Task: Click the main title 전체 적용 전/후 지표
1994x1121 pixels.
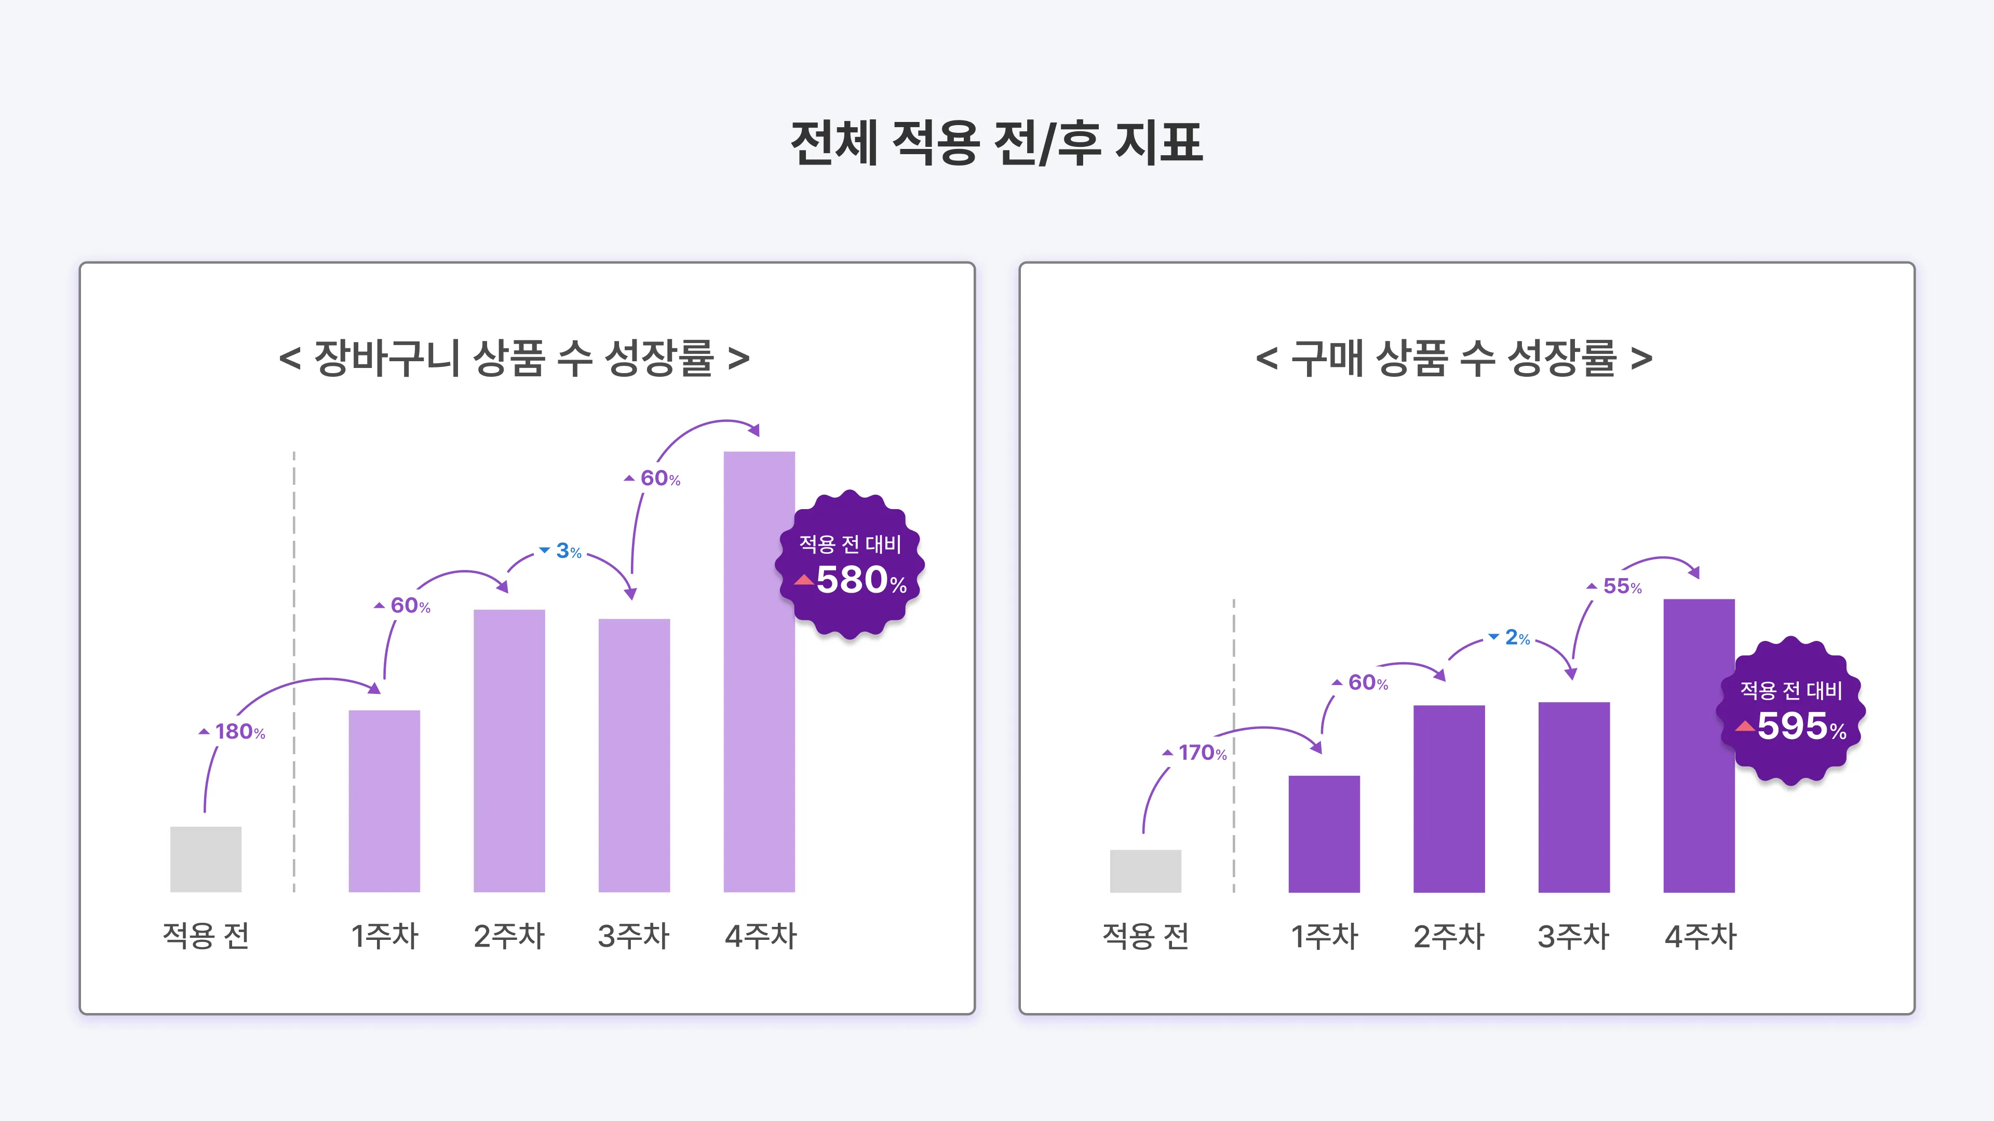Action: pyautogui.click(x=996, y=143)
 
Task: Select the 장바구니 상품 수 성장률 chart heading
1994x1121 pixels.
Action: pyautogui.click(x=514, y=358)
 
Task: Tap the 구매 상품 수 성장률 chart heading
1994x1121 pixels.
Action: pyautogui.click(x=1454, y=358)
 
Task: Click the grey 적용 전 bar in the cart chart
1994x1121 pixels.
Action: pyautogui.click(x=206, y=859)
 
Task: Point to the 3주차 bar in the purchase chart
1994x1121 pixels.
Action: pyautogui.click(x=1574, y=797)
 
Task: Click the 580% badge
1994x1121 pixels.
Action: pyautogui.click(x=850, y=565)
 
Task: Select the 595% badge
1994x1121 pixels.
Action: pyautogui.click(x=1790, y=711)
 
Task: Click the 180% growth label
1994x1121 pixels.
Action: pyautogui.click(x=233, y=732)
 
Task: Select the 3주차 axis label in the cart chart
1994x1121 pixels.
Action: pyautogui.click(x=633, y=936)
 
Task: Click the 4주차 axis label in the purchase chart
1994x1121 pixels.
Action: pyautogui.click(x=1700, y=937)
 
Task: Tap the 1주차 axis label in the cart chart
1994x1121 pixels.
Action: pyautogui.click(x=385, y=936)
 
